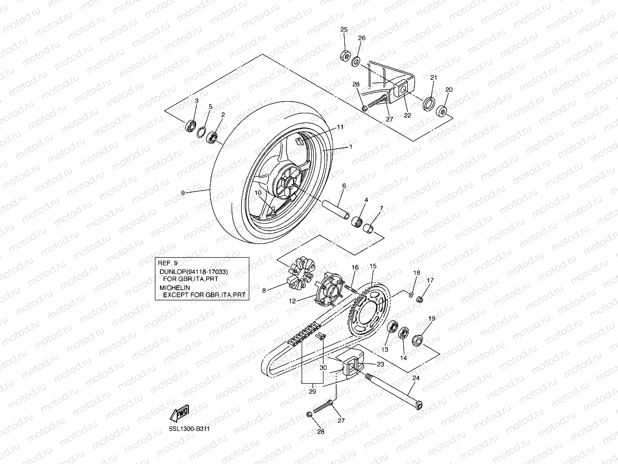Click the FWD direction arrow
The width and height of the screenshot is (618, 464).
click(181, 413)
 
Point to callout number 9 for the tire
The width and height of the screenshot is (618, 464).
click(183, 193)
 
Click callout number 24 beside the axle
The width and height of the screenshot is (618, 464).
click(416, 378)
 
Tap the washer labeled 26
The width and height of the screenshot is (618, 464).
click(356, 62)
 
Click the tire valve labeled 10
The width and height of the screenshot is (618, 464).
click(273, 210)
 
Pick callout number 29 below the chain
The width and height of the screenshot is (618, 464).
click(312, 391)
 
